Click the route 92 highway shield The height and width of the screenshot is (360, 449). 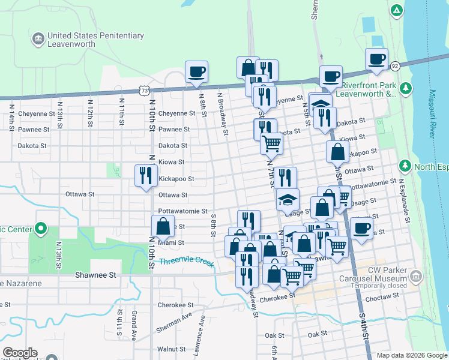pos(394,65)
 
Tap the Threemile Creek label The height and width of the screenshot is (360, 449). pos(187,262)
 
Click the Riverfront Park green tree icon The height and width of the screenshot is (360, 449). pos(406,89)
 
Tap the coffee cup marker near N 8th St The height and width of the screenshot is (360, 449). pos(196,73)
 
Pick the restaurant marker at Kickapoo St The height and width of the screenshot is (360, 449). pos(146,176)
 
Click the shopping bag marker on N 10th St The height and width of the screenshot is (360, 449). pos(163,227)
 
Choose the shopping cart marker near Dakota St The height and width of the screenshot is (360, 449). pos(271,143)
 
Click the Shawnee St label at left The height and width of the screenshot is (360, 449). pos(95,275)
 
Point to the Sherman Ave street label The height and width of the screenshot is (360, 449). pos(174,323)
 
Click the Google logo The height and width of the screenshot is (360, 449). pos(19,353)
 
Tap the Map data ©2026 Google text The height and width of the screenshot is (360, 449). pos(411,355)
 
